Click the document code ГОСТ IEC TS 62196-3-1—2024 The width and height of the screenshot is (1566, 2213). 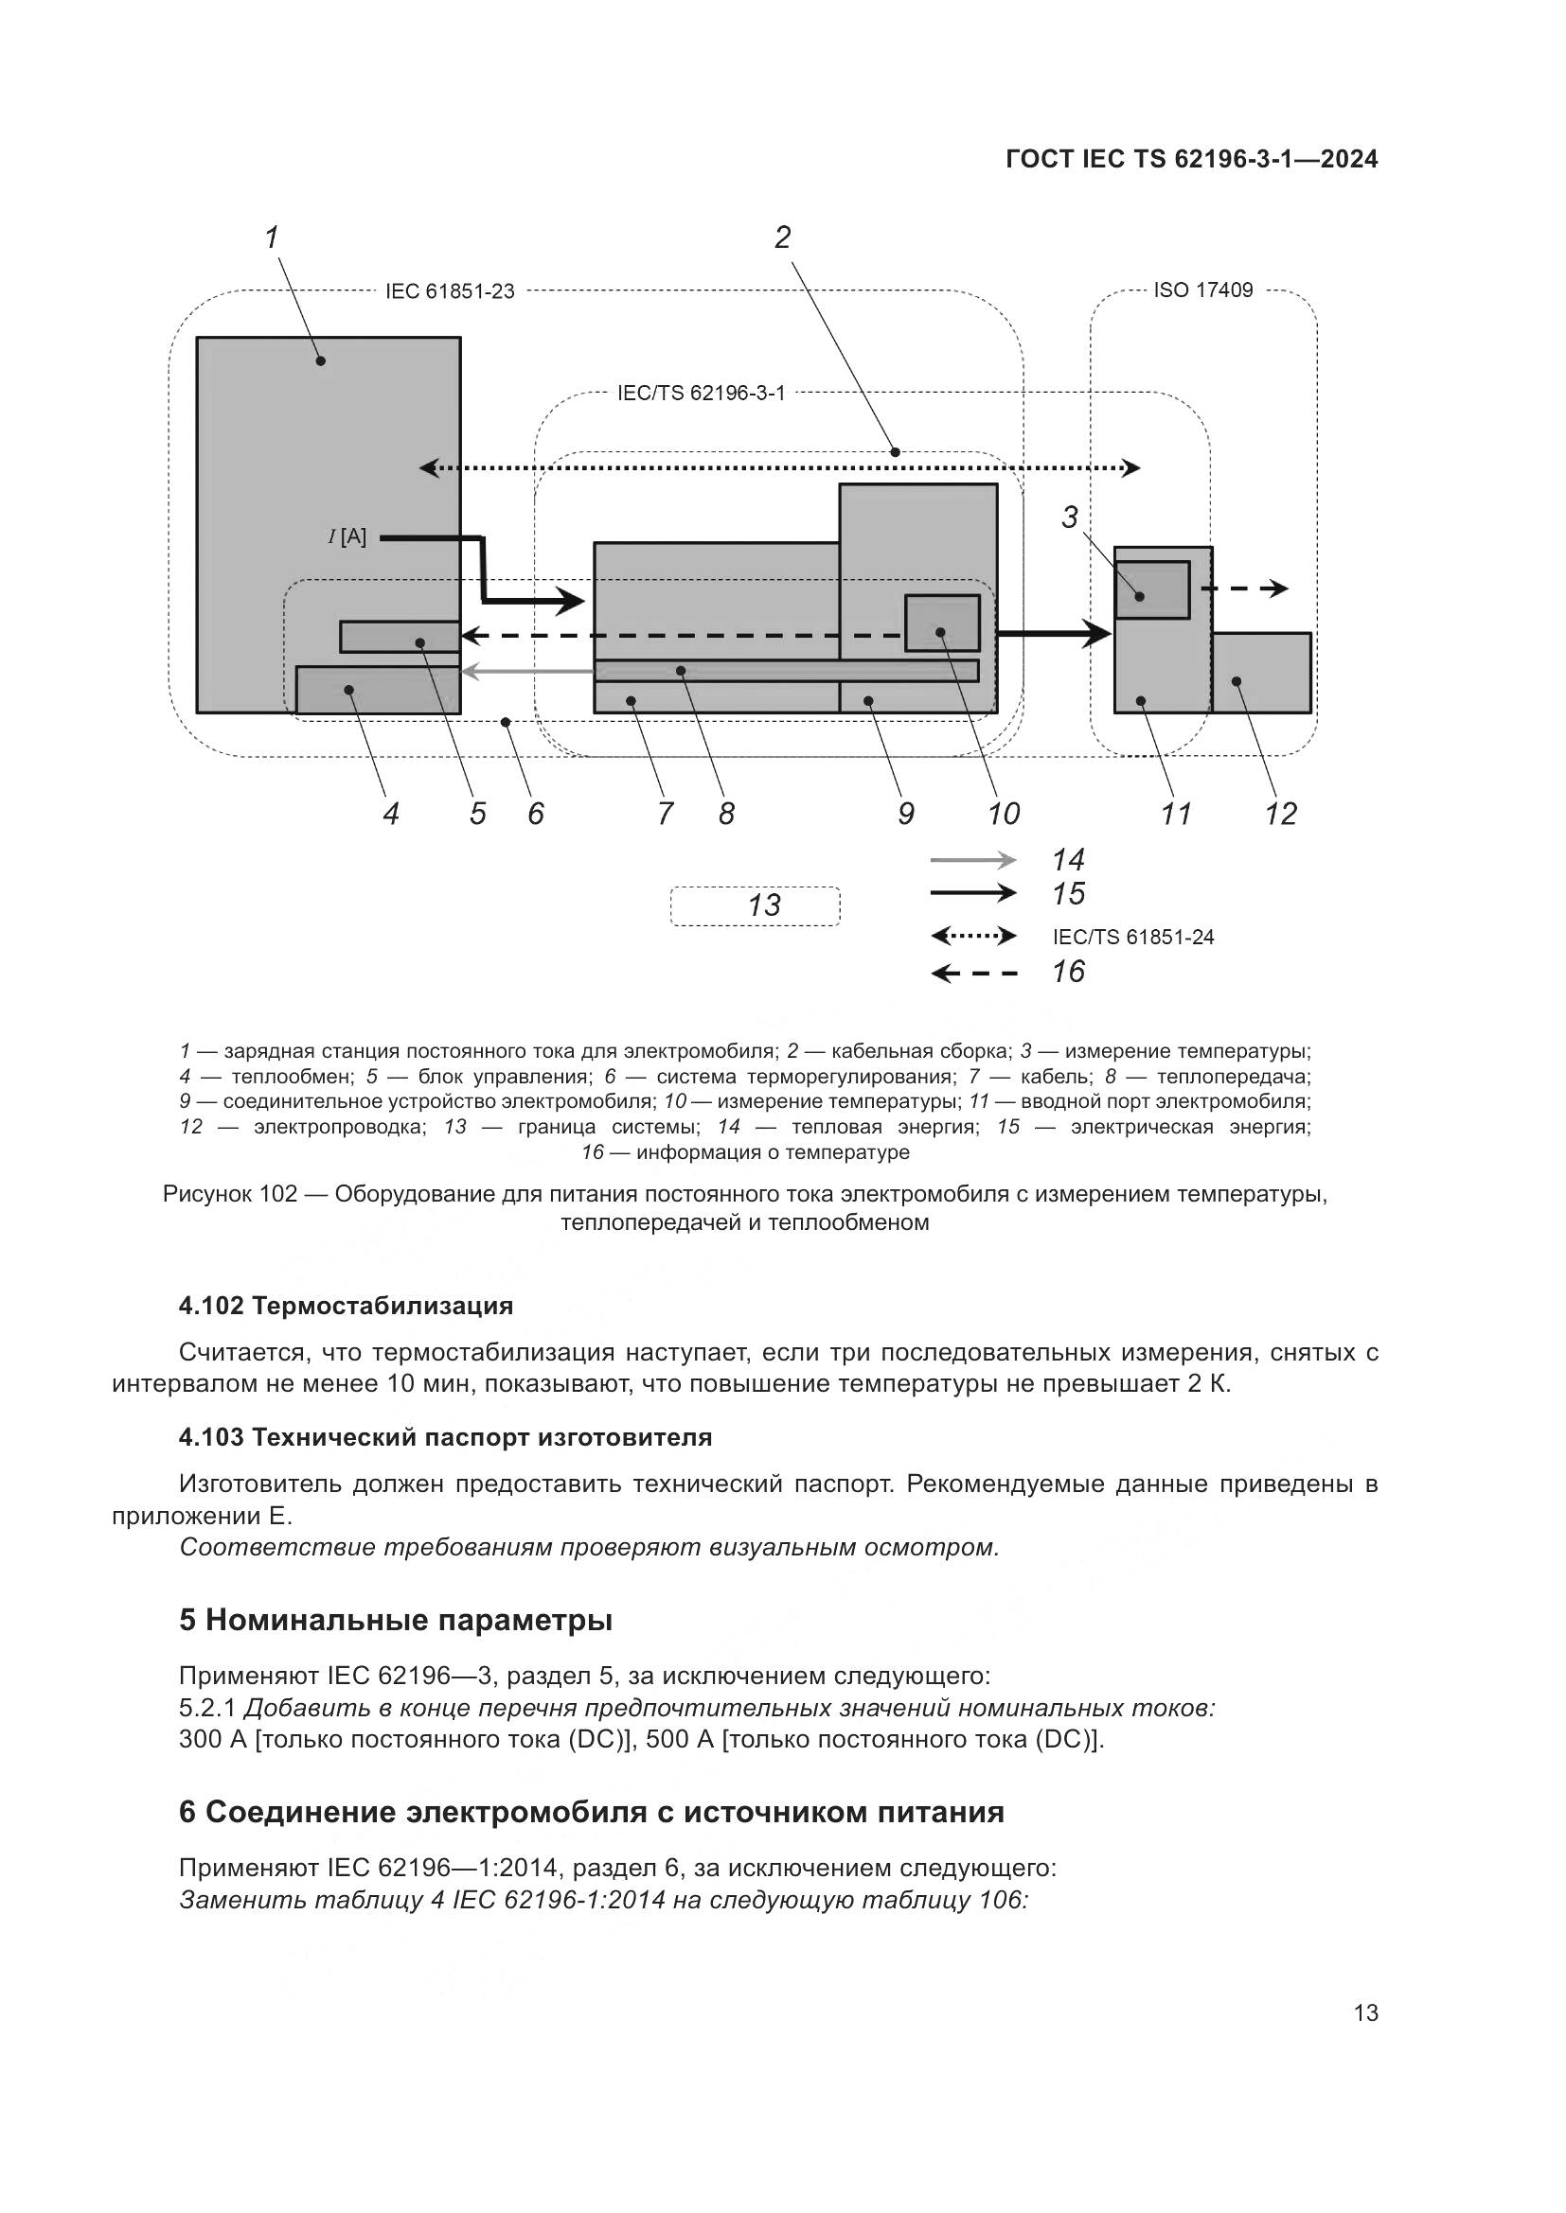coord(1191,159)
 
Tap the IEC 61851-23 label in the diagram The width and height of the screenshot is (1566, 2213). coord(450,291)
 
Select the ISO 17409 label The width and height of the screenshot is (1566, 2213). coord(1202,290)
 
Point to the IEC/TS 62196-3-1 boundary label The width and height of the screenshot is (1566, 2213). coord(701,394)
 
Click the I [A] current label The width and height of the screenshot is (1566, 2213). coord(347,536)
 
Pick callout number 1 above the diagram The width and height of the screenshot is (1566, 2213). coord(272,237)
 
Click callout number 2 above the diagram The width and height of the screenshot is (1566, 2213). coord(782,237)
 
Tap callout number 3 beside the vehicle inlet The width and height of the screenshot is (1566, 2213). coord(1069,518)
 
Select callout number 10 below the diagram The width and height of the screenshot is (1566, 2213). coord(1003,815)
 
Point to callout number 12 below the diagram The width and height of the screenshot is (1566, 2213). coord(1281,815)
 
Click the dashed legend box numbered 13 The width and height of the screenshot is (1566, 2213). coord(755,906)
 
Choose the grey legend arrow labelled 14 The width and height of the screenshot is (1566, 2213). coord(973,860)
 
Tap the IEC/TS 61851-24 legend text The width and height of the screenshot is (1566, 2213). coord(1133,937)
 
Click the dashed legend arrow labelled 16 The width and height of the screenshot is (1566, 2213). coord(974,974)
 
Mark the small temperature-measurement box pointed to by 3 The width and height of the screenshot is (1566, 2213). coord(1152,588)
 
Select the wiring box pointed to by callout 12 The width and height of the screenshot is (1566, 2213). coord(1261,673)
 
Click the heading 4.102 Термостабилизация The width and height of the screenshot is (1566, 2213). coord(346,1306)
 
